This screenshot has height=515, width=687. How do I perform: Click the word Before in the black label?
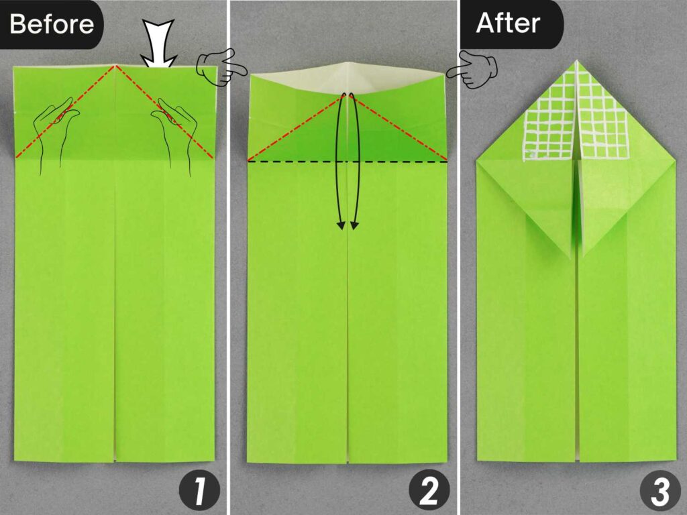(x=51, y=24)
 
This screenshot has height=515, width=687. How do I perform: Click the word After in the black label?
(x=508, y=23)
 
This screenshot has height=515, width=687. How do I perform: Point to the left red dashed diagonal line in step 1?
(x=65, y=113)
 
